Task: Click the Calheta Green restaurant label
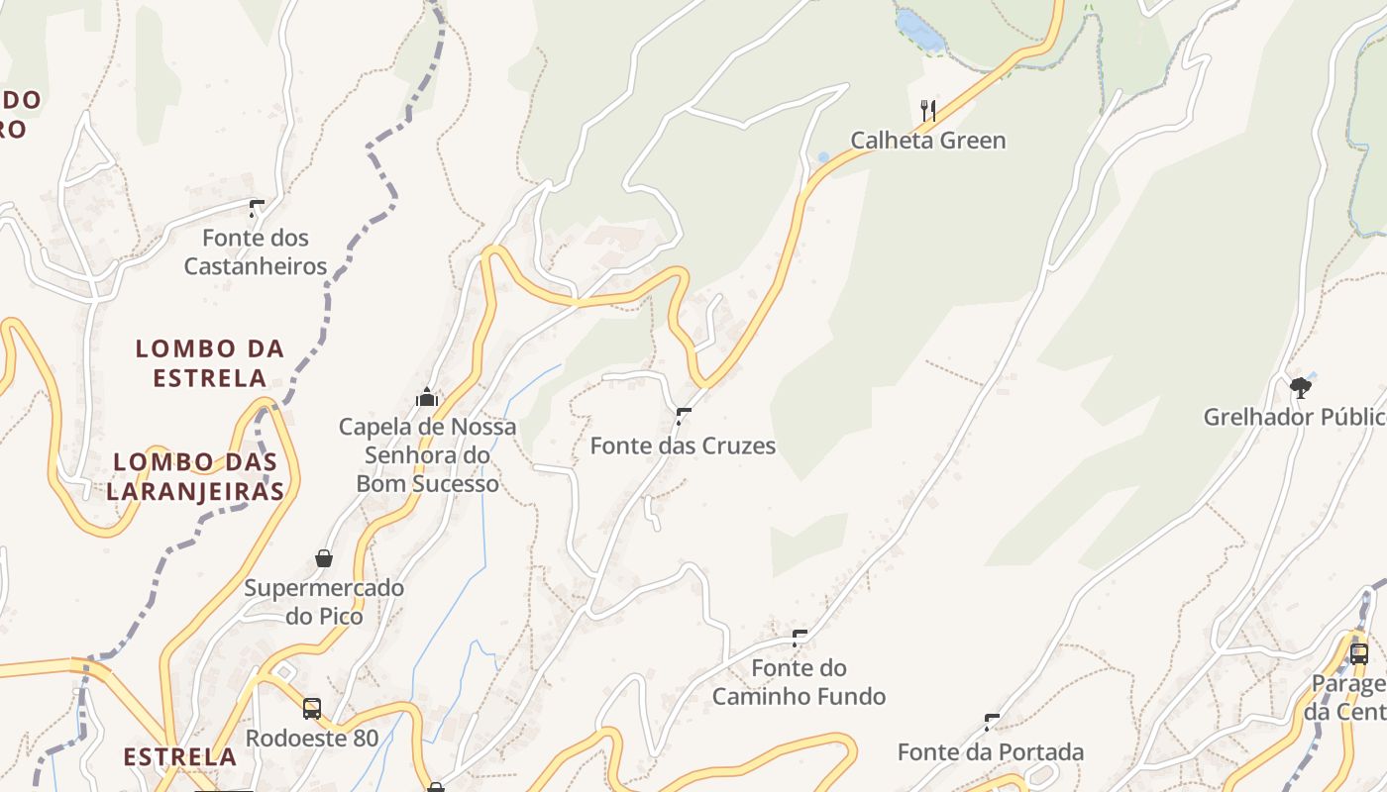pos(928,141)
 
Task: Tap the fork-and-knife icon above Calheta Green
pos(928,110)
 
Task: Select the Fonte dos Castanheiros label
pos(256,251)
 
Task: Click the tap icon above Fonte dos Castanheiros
pos(257,208)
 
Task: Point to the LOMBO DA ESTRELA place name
pos(210,362)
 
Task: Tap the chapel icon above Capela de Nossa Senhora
pos(427,398)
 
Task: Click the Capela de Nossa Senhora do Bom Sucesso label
pos(427,455)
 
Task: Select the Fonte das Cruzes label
pos(683,445)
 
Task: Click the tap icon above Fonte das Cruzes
pos(683,416)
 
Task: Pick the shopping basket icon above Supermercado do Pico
pos(324,558)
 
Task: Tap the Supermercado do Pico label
pos(324,602)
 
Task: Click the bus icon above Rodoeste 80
pos(312,709)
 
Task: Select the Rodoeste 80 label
pos(312,739)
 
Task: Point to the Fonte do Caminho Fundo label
pos(799,682)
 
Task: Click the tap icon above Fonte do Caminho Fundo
pos(800,639)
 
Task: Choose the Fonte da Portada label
pos(991,752)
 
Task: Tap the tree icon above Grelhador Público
pos(1301,387)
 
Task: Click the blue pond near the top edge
pos(920,31)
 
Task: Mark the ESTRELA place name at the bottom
pos(179,757)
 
